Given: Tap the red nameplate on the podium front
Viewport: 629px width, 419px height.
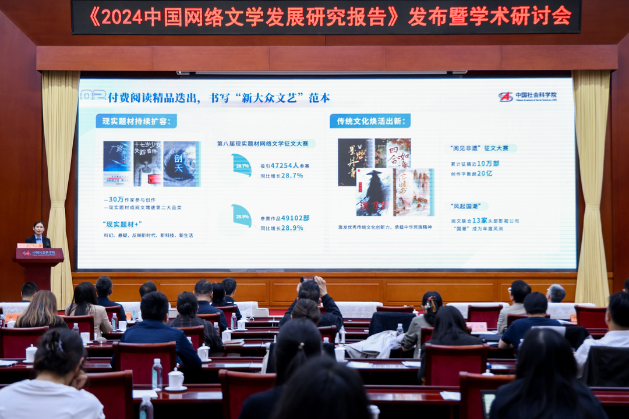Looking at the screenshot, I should click(x=39, y=253).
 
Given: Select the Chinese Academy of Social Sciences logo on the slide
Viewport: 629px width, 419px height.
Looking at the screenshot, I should click(x=506, y=97).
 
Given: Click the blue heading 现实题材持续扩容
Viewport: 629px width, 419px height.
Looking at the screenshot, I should click(x=136, y=122).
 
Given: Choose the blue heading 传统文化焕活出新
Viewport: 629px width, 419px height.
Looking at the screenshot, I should click(x=370, y=121).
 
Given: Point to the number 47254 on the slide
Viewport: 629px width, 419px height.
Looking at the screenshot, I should click(x=285, y=166).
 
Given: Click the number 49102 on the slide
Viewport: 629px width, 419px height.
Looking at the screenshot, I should click(x=285, y=218).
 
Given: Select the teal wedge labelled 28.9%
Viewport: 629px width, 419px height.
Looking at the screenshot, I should click(x=242, y=215).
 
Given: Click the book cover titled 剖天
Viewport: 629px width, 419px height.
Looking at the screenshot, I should click(x=182, y=164).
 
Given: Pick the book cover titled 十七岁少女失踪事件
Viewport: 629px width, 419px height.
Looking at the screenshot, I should click(x=148, y=164).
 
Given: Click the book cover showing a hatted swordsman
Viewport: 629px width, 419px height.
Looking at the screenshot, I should click(x=373, y=192).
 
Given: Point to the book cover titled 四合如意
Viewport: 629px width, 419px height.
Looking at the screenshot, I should click(x=393, y=153).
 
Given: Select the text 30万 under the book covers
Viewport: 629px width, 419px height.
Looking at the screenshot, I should click(x=116, y=200).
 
